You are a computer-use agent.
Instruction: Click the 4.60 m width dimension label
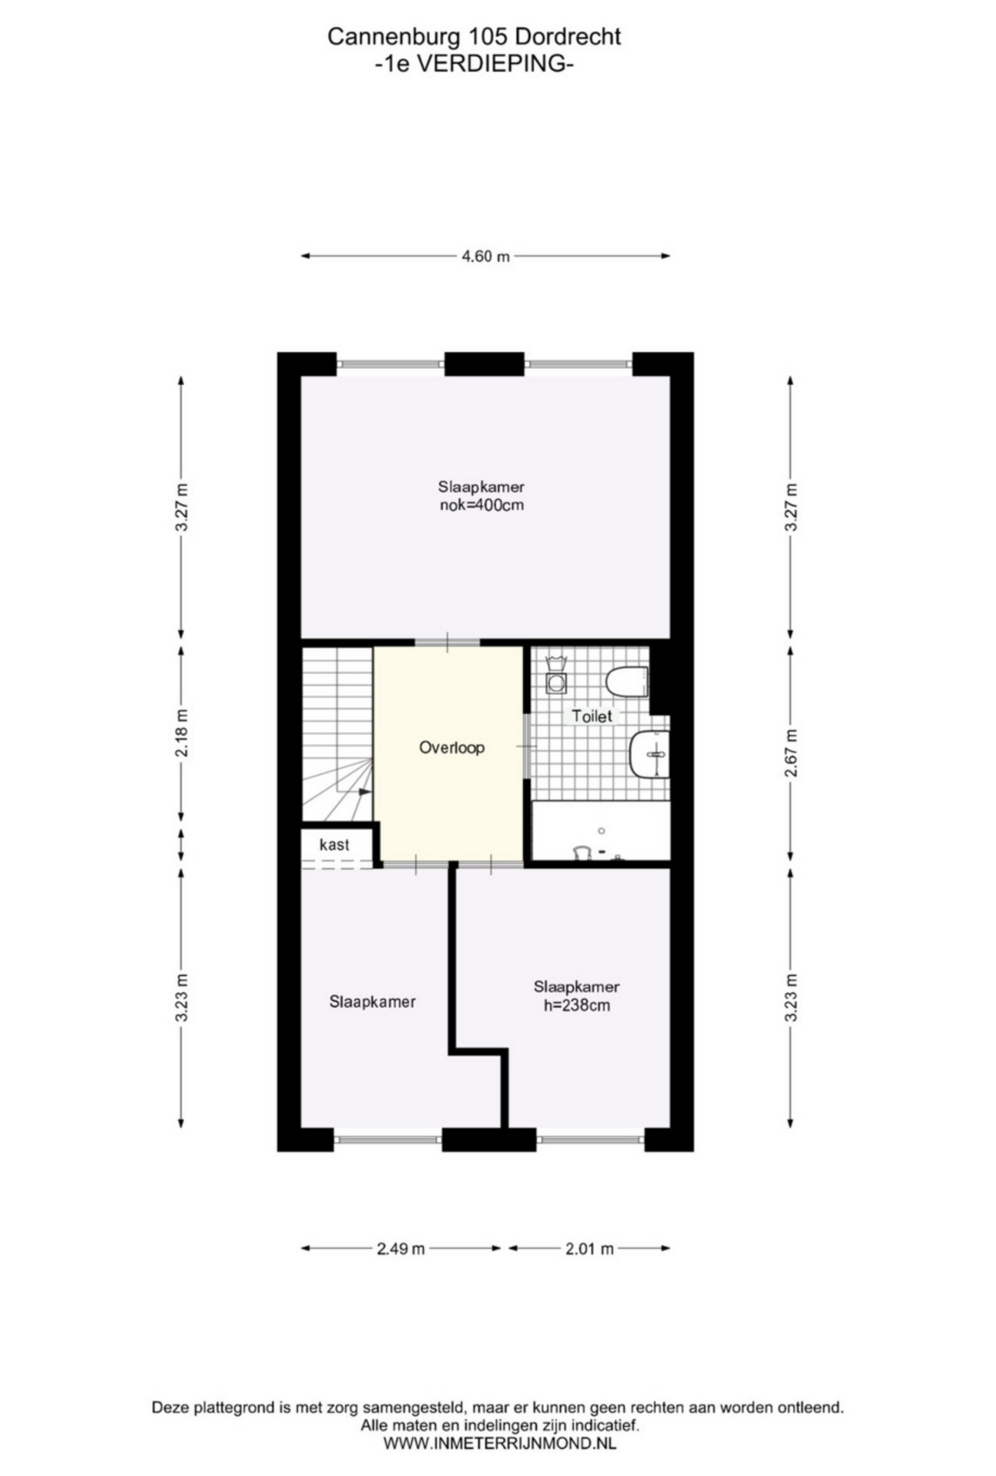pos(484,257)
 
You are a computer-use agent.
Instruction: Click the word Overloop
pos(451,748)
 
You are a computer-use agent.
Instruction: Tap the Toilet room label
pos(591,717)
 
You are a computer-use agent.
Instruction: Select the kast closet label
pos(334,845)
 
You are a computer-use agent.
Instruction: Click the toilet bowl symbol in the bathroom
pos(626,683)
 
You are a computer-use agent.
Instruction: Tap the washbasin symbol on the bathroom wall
pos(650,755)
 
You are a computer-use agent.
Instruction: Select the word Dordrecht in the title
pos(568,37)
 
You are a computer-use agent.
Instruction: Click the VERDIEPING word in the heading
pos(476,64)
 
